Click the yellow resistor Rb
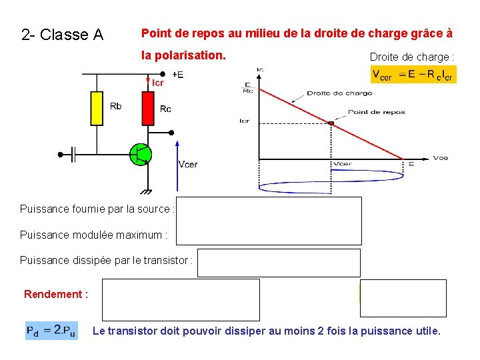(x=97, y=109)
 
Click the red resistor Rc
(x=147, y=109)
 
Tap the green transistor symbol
(x=141, y=154)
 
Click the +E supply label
(x=178, y=75)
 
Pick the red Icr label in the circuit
(x=157, y=83)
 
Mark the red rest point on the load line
(x=331, y=122)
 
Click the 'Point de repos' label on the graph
(x=376, y=112)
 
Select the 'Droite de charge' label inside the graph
(x=339, y=93)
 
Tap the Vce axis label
(x=440, y=158)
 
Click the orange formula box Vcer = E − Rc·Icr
(x=413, y=75)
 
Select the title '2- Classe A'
(x=62, y=35)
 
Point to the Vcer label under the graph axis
(x=343, y=164)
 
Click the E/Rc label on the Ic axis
(x=248, y=88)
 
